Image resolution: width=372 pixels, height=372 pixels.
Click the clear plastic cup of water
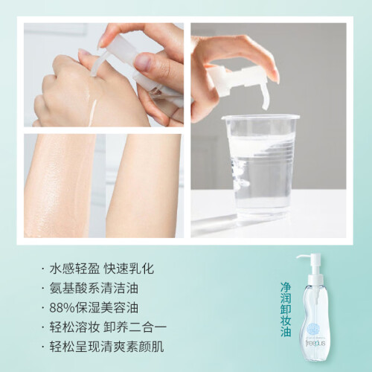(260, 171)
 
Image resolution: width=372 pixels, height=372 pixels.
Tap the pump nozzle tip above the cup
(265, 106)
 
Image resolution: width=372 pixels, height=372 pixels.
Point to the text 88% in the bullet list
(62, 308)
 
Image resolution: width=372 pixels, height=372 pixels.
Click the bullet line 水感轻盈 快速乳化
(102, 269)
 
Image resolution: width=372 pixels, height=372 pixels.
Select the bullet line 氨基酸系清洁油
(94, 288)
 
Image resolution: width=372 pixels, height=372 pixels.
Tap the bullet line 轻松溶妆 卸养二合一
(108, 327)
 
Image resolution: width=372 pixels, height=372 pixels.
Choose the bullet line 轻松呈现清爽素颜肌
(106, 347)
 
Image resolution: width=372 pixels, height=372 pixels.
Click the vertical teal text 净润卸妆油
(286, 310)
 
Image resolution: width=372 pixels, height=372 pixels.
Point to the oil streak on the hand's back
(93, 112)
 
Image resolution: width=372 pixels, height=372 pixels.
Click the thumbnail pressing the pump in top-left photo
(144, 61)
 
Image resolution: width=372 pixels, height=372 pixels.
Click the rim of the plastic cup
(260, 116)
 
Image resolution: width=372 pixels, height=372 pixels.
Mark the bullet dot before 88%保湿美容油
(43, 308)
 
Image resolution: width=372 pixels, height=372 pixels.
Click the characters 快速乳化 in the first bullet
(129, 269)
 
